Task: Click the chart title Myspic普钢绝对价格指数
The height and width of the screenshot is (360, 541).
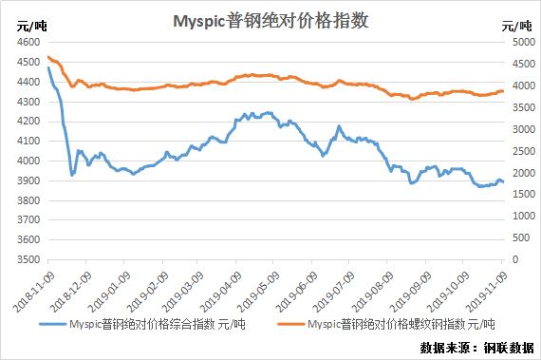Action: [x=270, y=21]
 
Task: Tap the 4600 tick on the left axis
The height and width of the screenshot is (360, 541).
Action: [x=28, y=42]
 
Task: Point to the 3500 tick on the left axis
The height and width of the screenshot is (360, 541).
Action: [x=28, y=259]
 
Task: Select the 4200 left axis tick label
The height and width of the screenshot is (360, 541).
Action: [x=28, y=122]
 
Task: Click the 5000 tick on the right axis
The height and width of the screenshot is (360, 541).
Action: [x=524, y=42]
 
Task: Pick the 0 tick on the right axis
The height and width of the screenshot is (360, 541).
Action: [x=515, y=259]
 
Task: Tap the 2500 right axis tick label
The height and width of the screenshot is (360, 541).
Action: [x=524, y=151]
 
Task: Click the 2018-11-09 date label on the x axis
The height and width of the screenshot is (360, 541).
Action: [x=33, y=292]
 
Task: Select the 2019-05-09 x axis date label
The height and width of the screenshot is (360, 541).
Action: [x=258, y=292]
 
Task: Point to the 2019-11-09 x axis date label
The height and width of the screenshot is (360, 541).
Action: [x=487, y=292]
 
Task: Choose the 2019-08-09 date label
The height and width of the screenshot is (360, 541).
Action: [x=372, y=292]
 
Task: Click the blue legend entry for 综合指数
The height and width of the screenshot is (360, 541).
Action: [x=142, y=325]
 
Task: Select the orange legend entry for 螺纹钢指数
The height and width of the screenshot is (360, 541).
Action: [x=386, y=325]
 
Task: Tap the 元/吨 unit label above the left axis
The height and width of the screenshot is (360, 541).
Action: [x=31, y=26]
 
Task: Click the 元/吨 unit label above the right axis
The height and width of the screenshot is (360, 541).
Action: [x=516, y=26]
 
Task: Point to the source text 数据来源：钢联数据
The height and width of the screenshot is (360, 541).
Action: [x=476, y=348]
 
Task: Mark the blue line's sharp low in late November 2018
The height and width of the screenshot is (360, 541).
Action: [x=72, y=175]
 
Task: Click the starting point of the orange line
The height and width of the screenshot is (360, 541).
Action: [x=48, y=57]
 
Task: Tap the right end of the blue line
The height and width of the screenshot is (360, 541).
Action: [x=503, y=181]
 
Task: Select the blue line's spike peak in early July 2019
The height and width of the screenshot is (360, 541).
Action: [x=339, y=126]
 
